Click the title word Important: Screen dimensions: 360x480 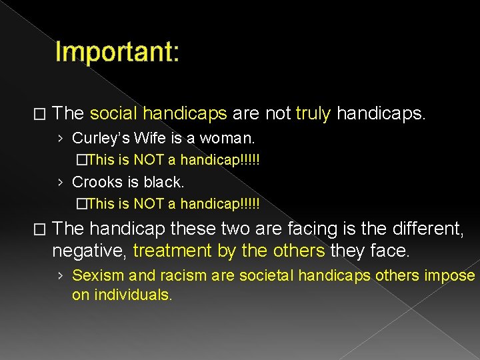click(117, 51)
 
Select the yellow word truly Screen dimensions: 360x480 click(313, 113)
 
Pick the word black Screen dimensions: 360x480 click(163, 181)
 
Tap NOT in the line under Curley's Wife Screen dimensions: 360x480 click(153, 160)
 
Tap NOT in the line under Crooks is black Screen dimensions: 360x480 click(153, 203)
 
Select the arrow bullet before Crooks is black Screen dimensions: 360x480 click(61, 182)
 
